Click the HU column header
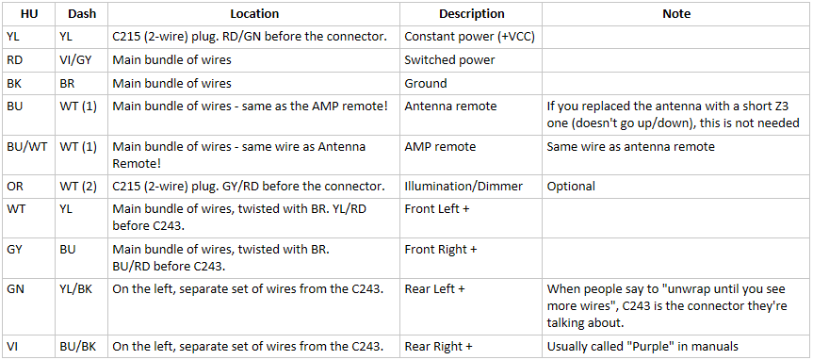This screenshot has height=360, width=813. pos(29,14)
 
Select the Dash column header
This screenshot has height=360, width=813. pos(82,14)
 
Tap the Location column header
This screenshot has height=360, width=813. pos(254,14)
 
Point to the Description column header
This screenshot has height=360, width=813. pos(471,14)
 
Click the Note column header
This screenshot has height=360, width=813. pos(676,14)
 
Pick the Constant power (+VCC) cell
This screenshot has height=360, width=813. pos(469,37)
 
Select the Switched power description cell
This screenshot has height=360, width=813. pos(449,60)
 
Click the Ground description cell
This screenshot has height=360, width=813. pos(425,84)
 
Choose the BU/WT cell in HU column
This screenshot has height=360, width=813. pos(27,147)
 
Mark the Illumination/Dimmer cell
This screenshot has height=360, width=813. pos(463,187)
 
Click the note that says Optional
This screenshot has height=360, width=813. pos(571,187)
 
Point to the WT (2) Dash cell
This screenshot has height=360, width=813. pos(78,187)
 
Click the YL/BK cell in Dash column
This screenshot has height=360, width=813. pos(76,289)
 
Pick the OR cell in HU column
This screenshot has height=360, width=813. pos(14,187)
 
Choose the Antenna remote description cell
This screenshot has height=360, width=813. pos(450,106)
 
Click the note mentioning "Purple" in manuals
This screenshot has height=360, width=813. pos(642,347)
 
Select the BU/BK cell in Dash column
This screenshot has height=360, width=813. pos(76,347)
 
